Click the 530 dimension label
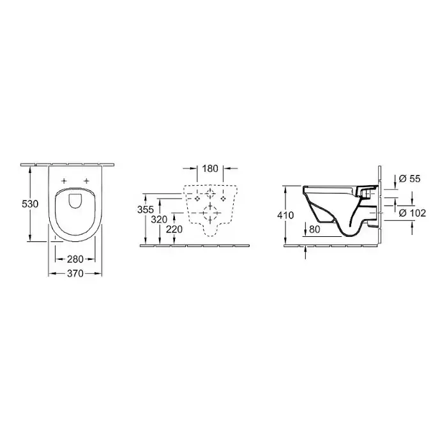(x=30, y=204)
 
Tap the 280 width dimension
(x=75, y=259)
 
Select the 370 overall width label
(x=75, y=274)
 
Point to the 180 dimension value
(x=210, y=169)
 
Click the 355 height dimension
(x=146, y=209)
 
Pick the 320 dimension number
(x=159, y=220)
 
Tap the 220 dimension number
(x=174, y=229)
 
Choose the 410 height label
(x=285, y=215)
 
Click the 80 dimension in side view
(x=314, y=229)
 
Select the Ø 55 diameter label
(x=410, y=179)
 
